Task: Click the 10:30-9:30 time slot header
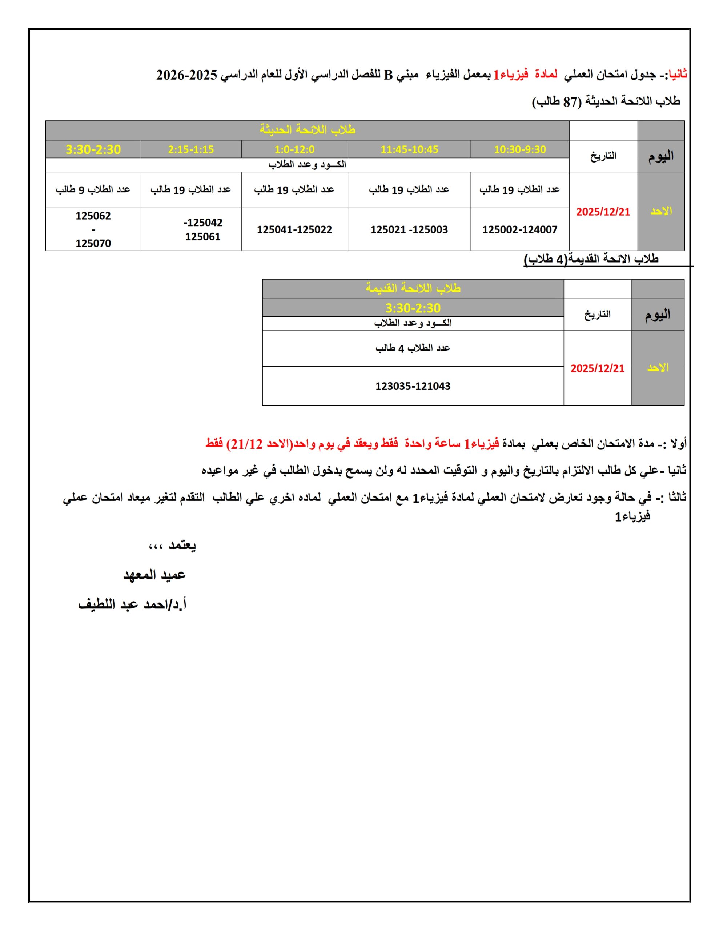coord(519,149)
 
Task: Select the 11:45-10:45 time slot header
coord(409,149)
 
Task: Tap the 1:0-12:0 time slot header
coord(294,149)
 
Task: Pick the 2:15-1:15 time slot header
coord(191,149)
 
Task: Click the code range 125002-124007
coord(519,230)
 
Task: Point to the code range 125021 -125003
coord(409,230)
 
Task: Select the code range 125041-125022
coord(294,230)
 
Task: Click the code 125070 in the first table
coord(93,243)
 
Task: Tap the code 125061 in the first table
coord(203,237)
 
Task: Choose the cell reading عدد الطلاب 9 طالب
coord(93,190)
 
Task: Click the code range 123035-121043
coord(413,386)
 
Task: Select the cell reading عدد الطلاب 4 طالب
coord(413,348)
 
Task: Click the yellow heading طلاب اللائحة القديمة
coord(413,289)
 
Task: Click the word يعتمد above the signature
coord(182,546)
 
